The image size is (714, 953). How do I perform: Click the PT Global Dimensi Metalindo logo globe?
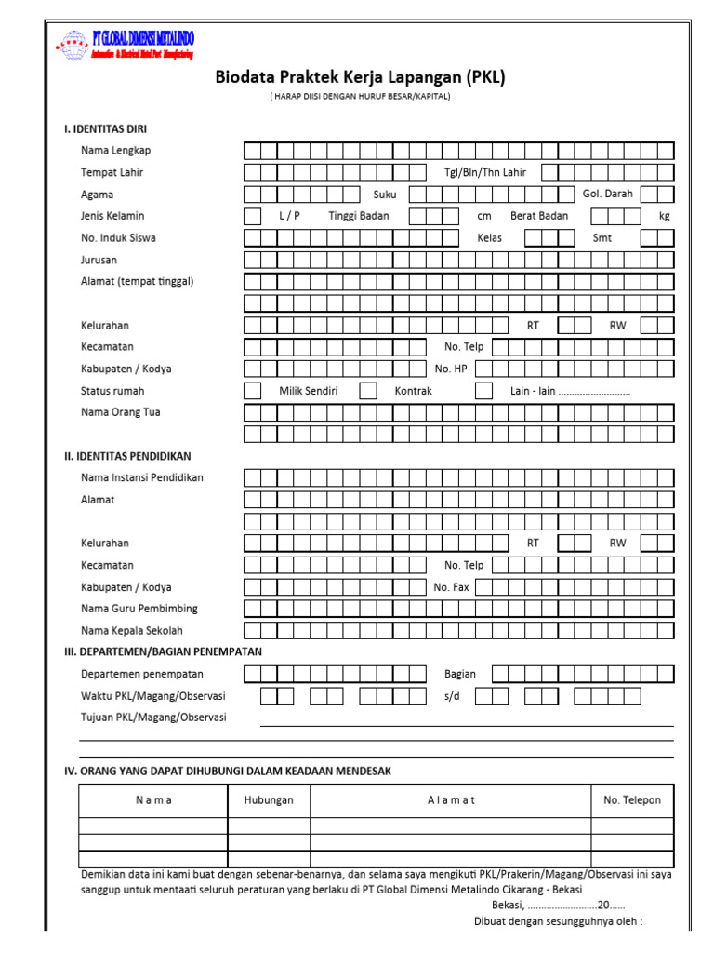pos(71,46)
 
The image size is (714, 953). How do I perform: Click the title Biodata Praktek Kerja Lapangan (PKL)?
pos(360,78)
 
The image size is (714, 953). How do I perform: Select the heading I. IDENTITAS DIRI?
pos(105,129)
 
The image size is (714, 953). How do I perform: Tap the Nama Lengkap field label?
pos(115,151)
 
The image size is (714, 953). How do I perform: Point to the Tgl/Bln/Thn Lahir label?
pos(484,172)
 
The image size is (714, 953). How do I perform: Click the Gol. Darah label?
pos(607,194)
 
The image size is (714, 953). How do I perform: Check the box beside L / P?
pos(253,216)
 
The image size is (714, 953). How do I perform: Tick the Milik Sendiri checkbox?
pos(253,391)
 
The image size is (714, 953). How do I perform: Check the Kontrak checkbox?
pos(368,391)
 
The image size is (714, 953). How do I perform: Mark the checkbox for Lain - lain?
pos(483,391)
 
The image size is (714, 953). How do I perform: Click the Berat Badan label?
pos(538,216)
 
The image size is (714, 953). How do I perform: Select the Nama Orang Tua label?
pos(120,412)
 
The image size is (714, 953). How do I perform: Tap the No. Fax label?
pos(451,587)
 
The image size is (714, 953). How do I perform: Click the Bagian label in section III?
pos(459,674)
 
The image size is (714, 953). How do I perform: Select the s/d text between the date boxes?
pos(452,696)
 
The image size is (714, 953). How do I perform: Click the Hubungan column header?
pos(269,800)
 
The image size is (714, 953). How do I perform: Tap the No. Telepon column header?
pos(632,800)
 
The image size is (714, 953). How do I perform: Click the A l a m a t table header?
pos(451,800)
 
